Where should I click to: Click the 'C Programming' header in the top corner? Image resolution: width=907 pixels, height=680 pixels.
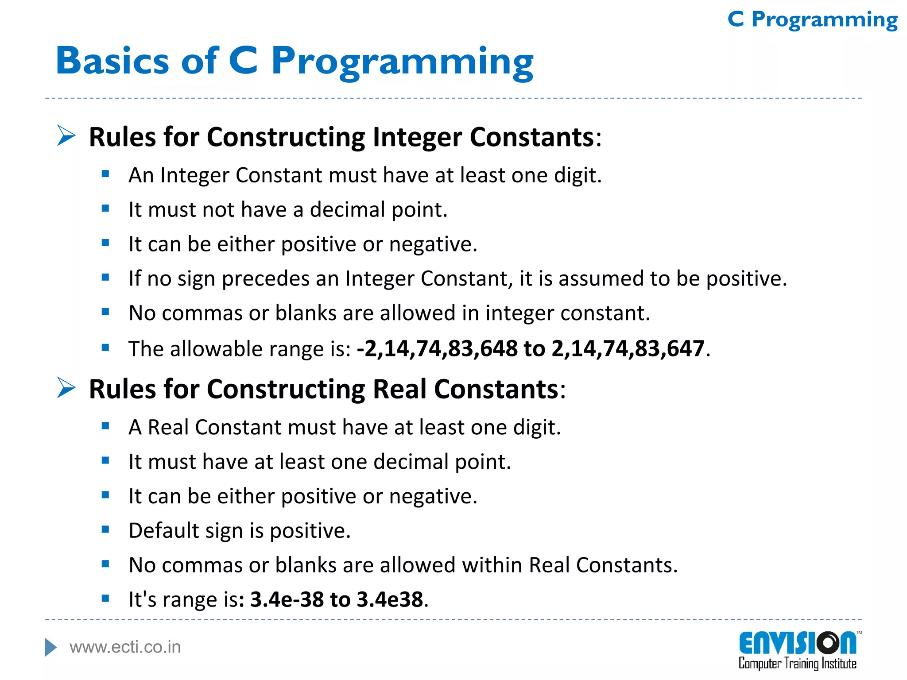pyautogui.click(x=812, y=20)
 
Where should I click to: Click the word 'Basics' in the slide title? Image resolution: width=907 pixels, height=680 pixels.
pyautogui.click(x=112, y=61)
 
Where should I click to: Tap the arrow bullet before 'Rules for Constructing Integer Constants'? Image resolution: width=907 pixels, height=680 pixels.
pyautogui.click(x=66, y=135)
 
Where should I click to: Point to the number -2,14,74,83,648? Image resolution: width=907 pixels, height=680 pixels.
pyautogui.click(x=437, y=348)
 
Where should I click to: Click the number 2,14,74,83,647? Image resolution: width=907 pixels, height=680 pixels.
pyautogui.click(x=628, y=348)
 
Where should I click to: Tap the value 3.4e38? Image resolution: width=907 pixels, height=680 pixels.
pyautogui.click(x=390, y=599)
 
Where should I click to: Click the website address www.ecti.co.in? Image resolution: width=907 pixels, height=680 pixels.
pyautogui.click(x=125, y=647)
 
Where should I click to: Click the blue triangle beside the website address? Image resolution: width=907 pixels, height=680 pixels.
pyautogui.click(x=51, y=647)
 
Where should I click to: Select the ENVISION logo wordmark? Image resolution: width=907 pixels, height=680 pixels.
pyautogui.click(x=797, y=643)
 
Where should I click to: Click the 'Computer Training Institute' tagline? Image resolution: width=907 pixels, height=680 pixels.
pyautogui.click(x=797, y=664)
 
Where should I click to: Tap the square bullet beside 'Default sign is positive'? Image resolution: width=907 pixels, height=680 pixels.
pyautogui.click(x=105, y=529)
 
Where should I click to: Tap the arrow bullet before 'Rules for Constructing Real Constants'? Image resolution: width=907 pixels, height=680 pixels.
pyautogui.click(x=66, y=388)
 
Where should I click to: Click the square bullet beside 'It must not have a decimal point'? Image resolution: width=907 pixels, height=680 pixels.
pyautogui.click(x=105, y=209)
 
